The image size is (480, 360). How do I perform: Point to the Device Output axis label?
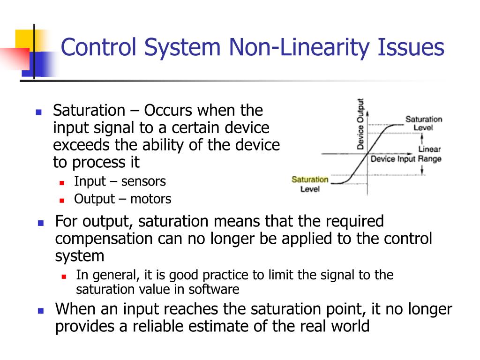pos(360,124)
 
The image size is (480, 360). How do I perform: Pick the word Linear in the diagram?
pos(429,150)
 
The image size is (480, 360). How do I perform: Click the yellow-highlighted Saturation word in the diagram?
pos(310,180)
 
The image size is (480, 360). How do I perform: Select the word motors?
pos(151,199)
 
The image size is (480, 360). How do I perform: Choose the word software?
pos(214,289)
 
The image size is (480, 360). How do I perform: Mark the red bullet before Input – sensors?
pos(61,182)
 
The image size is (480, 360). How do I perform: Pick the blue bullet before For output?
pos(40,223)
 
